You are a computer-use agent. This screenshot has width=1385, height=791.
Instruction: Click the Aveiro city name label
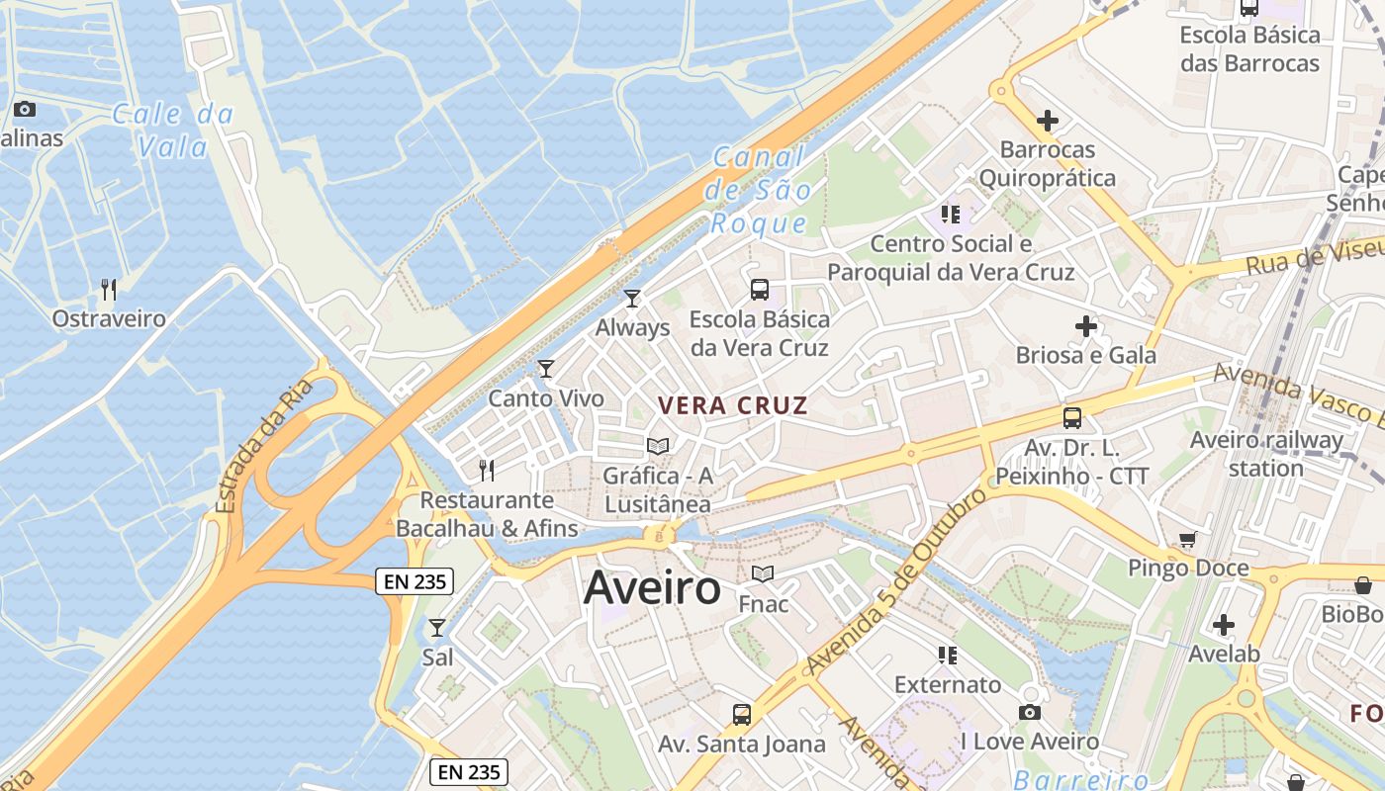point(652,588)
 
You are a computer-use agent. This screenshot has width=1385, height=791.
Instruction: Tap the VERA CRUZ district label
point(733,405)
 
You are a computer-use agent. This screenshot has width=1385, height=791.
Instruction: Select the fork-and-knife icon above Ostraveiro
point(109,290)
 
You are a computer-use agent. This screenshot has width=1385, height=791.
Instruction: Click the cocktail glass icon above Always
point(632,298)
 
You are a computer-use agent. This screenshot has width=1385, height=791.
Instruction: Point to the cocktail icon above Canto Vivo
point(545,369)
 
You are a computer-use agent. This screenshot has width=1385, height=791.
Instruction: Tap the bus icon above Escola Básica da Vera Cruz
point(759,290)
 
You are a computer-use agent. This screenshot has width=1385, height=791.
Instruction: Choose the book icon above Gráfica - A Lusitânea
point(658,446)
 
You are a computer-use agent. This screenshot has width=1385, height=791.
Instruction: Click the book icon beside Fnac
point(763,573)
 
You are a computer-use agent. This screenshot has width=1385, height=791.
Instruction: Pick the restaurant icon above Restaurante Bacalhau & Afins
point(486,470)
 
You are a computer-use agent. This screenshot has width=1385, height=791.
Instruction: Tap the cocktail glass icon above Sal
point(436,627)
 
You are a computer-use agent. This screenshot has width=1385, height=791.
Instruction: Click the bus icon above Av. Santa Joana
point(741,714)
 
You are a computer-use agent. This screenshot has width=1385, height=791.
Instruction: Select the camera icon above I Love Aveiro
point(1029,712)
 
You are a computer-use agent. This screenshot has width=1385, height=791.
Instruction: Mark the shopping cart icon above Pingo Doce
point(1187,539)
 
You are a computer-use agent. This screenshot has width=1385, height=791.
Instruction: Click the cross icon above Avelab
point(1224,625)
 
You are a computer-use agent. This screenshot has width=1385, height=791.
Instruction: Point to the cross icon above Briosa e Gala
point(1086,325)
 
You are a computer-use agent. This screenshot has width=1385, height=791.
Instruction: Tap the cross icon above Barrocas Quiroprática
point(1047,121)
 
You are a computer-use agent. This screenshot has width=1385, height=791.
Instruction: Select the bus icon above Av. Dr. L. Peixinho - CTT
point(1072,417)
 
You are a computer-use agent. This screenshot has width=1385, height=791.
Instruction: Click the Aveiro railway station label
point(1266,454)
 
